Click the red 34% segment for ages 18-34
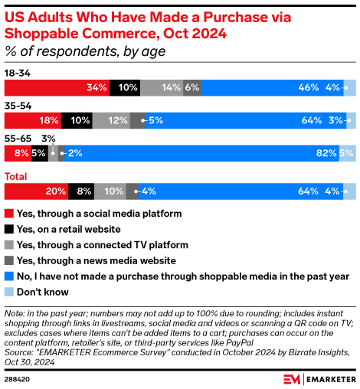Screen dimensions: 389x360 [57, 87]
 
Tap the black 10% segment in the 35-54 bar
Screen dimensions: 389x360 [78, 119]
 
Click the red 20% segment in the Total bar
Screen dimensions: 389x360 [36, 191]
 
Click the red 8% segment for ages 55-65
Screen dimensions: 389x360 [18, 152]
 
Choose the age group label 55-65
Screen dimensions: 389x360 [17, 139]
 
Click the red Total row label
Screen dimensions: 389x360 [16, 177]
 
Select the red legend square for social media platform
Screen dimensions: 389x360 [9, 213]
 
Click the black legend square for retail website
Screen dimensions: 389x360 [9, 229]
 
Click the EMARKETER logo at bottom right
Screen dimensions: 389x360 [309, 378]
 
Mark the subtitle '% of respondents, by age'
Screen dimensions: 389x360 [84, 51]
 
